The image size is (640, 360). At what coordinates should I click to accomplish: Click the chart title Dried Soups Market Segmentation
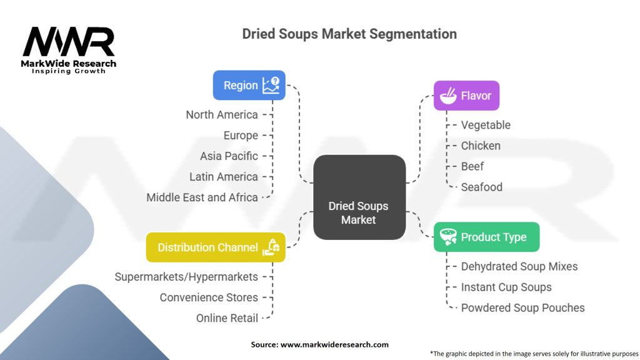coord(349,34)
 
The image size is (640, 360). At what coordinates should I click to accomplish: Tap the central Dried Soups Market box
coord(359,197)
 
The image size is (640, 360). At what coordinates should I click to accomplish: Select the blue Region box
coord(249,86)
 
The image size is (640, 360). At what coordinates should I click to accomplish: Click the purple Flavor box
coord(466,96)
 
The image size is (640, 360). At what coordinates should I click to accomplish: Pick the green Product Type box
coord(486,237)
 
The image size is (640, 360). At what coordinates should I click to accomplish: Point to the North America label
coord(222,114)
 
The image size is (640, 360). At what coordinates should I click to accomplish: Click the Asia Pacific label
coord(229,156)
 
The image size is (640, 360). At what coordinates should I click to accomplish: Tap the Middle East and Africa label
coord(202,197)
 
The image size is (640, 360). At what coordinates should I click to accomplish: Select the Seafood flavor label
coord(481,187)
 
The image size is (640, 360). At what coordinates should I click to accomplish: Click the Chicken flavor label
coord(481,146)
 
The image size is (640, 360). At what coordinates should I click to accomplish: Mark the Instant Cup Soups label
coord(506,287)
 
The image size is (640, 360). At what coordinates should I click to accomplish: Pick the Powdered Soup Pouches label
coord(522,307)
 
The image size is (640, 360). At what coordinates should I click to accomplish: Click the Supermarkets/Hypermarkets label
coord(186,276)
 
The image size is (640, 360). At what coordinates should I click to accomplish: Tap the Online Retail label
coord(227,317)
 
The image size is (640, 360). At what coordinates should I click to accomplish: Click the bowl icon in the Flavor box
coord(447,96)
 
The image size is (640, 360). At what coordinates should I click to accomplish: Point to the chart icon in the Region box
coord(271,85)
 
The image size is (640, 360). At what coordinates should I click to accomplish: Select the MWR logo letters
coord(69,42)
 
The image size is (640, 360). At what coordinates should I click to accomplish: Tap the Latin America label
coord(224,176)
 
